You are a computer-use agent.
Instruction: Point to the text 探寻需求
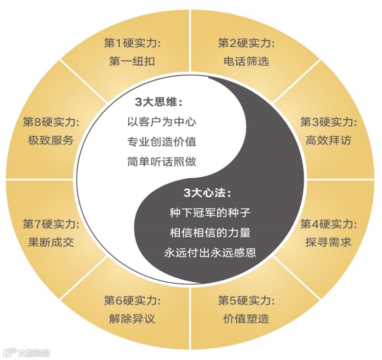(328, 242)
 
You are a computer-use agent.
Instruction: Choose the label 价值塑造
(246, 319)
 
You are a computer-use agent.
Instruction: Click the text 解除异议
(132, 319)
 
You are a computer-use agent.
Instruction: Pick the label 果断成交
(51, 242)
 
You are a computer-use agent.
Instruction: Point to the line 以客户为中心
(162, 122)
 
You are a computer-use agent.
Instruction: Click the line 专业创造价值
(162, 142)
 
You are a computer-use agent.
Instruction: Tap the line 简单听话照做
(162, 162)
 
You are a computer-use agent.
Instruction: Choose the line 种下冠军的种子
(210, 213)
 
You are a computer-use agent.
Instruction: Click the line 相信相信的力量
(210, 233)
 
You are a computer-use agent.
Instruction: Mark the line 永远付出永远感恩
(210, 253)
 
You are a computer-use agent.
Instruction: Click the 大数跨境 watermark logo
(27, 353)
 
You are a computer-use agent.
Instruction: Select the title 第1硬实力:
(132, 43)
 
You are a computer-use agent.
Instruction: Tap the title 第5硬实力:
(246, 301)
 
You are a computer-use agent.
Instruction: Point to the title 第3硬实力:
(328, 123)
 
